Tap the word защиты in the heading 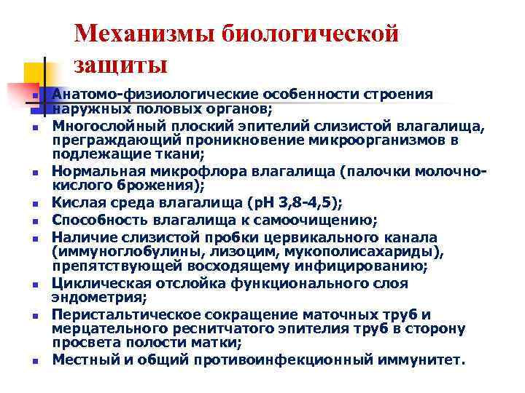(120, 65)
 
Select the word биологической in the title (320, 34)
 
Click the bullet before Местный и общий (35, 361)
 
